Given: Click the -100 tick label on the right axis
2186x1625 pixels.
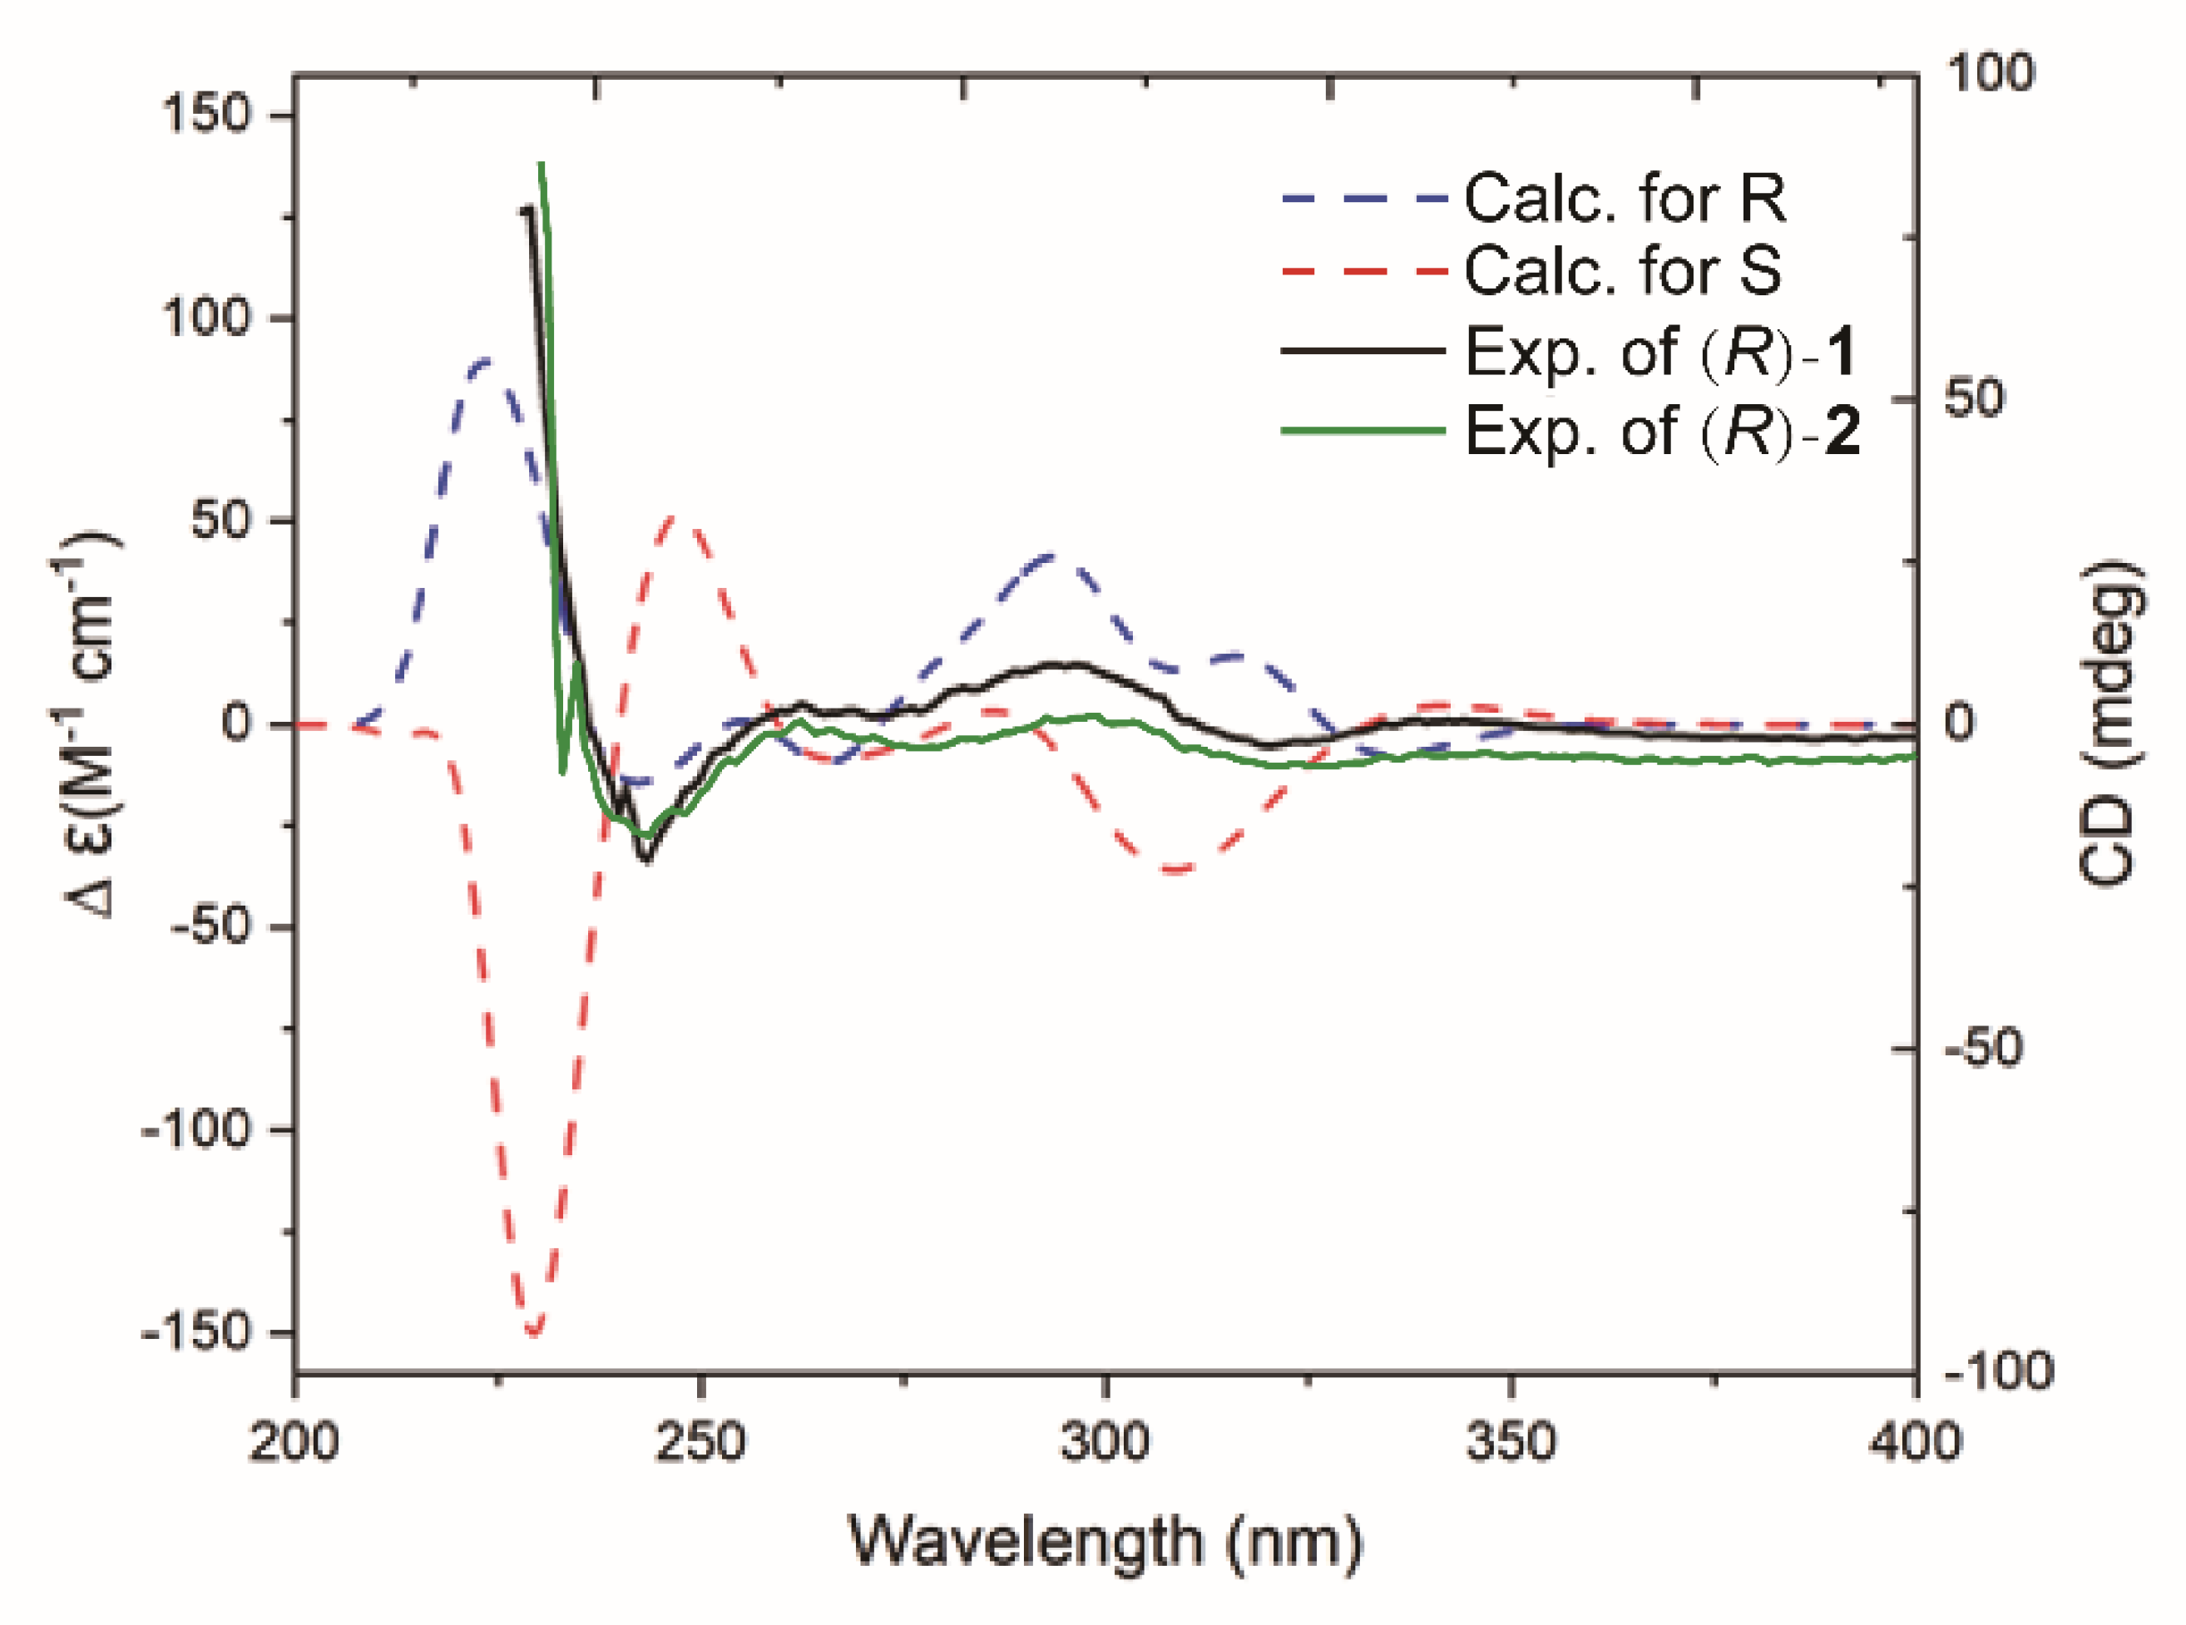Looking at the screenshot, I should [1997, 1371].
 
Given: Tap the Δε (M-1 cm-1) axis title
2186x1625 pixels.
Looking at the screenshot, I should [84, 723].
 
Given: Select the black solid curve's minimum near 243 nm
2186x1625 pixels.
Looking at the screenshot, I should [646, 860].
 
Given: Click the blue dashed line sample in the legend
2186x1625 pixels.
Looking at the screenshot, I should [1363, 199].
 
